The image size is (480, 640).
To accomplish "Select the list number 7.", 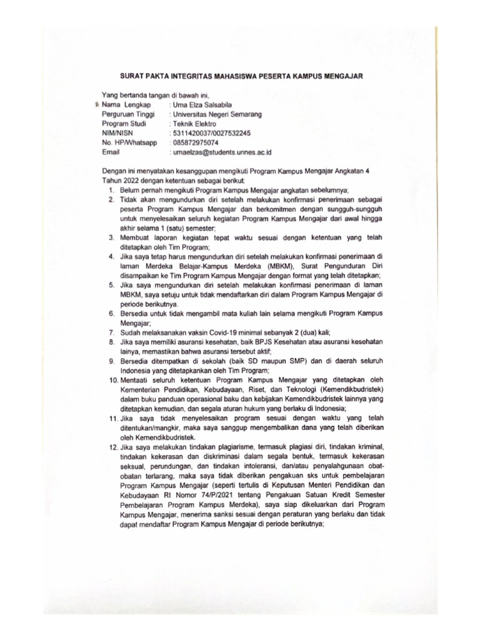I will pyautogui.click(x=109, y=331).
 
